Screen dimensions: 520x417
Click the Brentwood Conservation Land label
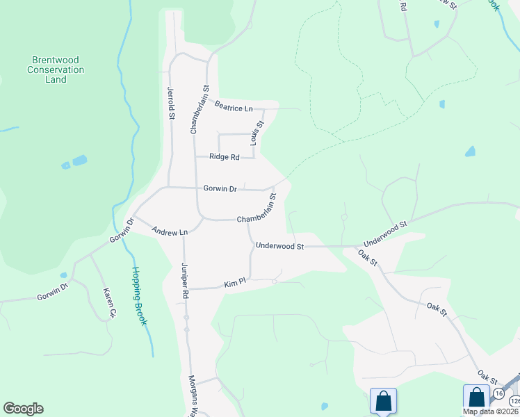56,69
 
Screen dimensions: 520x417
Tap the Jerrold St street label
170,103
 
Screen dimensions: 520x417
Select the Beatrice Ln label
233,108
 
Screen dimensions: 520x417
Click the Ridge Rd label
224,157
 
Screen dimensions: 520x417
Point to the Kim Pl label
231,284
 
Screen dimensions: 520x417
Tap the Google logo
23,409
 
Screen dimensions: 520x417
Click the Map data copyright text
489,411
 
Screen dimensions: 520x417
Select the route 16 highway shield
498,394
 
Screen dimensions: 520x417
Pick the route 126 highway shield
514,401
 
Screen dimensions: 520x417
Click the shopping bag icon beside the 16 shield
476,398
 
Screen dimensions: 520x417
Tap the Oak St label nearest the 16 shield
486,381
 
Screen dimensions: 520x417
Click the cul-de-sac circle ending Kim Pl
275,282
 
